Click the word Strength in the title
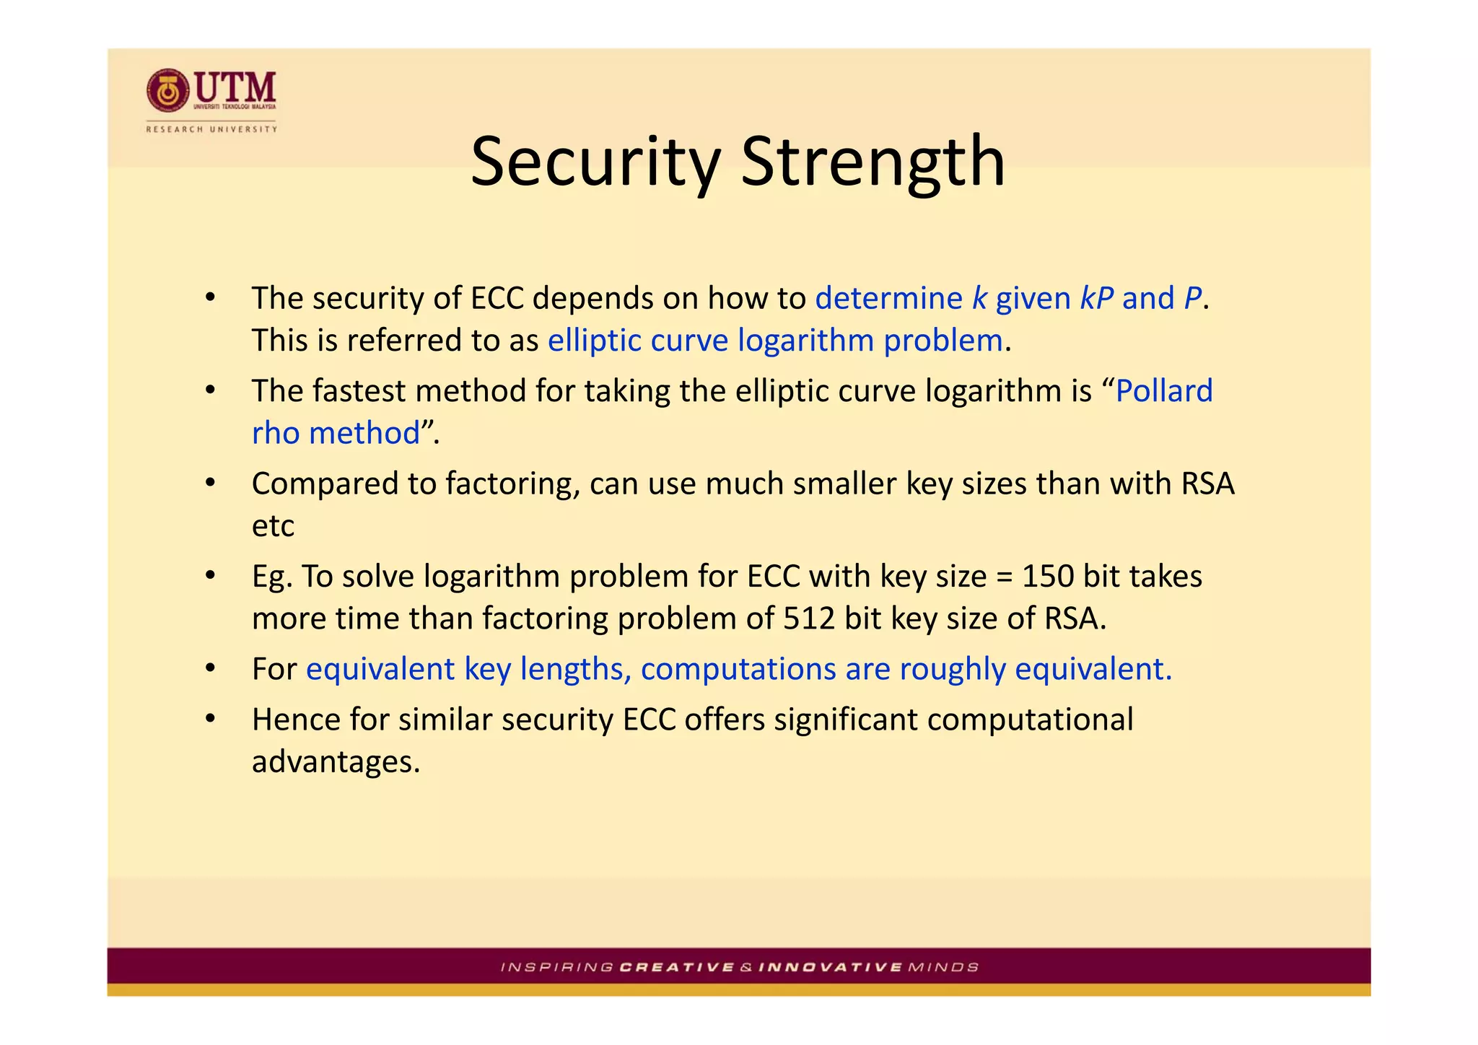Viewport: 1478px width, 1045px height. click(x=873, y=162)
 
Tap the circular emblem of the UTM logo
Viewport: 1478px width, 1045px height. click(x=168, y=92)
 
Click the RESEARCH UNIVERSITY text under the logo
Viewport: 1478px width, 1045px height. click(x=211, y=129)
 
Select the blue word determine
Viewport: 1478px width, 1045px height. click(x=888, y=298)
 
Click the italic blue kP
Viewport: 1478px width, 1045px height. click(x=1096, y=298)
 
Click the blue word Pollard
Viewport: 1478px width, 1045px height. click(x=1164, y=391)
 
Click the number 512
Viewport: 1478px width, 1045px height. click(x=809, y=618)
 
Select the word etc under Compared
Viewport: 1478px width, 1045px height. click(x=273, y=526)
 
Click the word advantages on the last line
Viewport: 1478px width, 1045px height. click(x=335, y=762)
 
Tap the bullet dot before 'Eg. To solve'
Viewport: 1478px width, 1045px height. click(x=210, y=576)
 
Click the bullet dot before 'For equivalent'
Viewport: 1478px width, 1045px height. click(x=210, y=669)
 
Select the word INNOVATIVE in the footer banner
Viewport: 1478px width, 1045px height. click(x=831, y=967)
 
